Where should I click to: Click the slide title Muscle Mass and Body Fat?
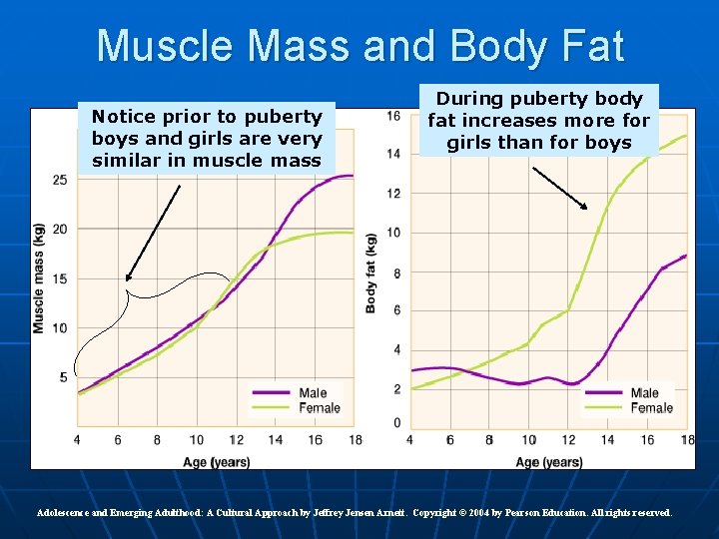click(x=359, y=46)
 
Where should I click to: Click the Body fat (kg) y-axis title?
click(x=371, y=273)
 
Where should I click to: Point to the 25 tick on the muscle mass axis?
click(x=61, y=180)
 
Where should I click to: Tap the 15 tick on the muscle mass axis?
click(x=61, y=278)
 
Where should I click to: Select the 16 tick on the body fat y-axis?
click(x=393, y=116)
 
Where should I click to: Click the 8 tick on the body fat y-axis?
click(x=396, y=272)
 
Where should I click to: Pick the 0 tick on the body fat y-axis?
click(x=396, y=423)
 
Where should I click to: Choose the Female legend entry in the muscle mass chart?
click(x=319, y=407)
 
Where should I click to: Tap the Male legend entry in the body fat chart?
click(x=645, y=393)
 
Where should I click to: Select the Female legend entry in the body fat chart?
click(x=651, y=407)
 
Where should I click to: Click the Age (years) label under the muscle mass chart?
click(x=216, y=461)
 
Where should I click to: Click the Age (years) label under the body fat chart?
click(x=549, y=461)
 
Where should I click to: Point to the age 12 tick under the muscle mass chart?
click(x=236, y=440)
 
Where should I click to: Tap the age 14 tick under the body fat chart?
click(x=607, y=440)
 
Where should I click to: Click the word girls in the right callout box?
click(x=469, y=143)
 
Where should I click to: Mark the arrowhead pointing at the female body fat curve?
click(x=585, y=207)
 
